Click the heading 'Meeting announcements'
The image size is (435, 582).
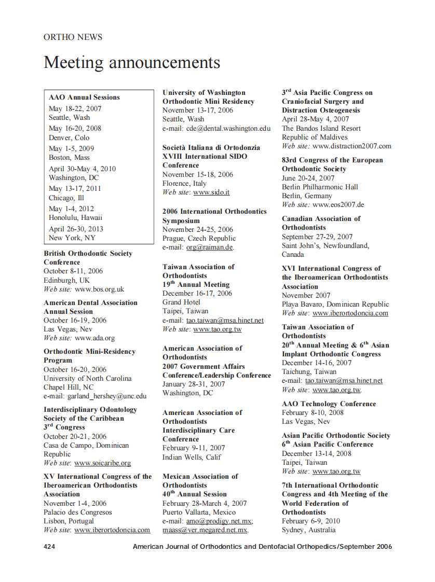(132, 62)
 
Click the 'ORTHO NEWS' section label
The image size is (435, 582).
(73, 37)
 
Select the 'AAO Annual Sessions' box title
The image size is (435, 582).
(84, 97)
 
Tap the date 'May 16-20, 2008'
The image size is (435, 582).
(75, 128)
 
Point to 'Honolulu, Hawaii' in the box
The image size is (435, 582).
(76, 217)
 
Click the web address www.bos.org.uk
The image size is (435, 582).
(99, 289)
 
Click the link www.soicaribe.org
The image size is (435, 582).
(103, 463)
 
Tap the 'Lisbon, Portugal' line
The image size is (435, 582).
(69, 521)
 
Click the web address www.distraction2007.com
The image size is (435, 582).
(352, 146)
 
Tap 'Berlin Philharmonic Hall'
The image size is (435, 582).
(320, 187)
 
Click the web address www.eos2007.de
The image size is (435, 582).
(338, 204)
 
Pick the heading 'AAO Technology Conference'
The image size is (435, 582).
(329, 404)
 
